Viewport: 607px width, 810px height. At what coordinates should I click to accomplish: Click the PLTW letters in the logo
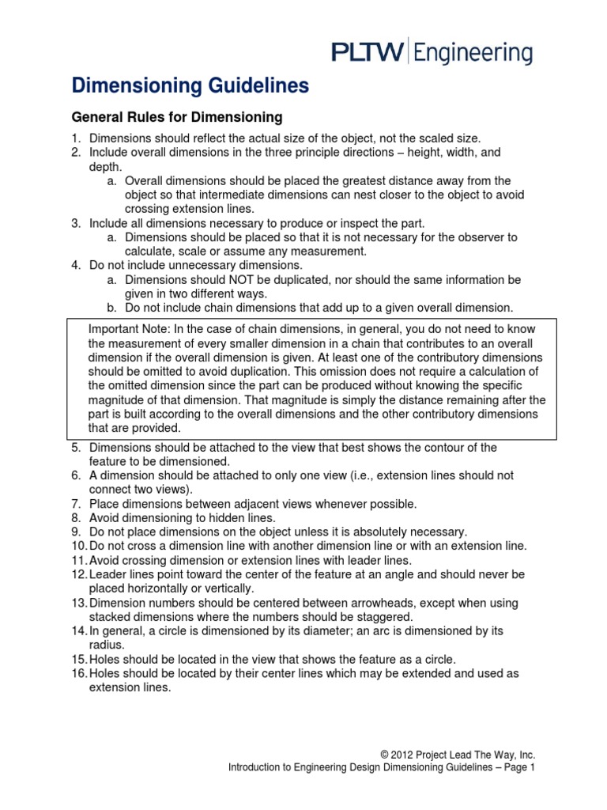click(x=366, y=53)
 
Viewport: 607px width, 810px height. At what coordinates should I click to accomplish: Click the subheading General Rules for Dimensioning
click(x=177, y=118)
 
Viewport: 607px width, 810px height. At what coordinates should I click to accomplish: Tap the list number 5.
click(x=77, y=448)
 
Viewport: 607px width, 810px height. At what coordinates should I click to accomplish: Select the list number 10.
click(x=79, y=546)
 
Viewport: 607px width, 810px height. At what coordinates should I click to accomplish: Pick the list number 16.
click(x=79, y=675)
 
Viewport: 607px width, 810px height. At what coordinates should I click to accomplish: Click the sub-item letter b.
click(x=111, y=307)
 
